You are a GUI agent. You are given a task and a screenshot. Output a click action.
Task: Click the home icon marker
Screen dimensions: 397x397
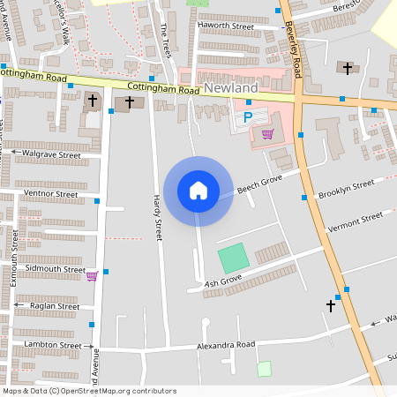click(198, 190)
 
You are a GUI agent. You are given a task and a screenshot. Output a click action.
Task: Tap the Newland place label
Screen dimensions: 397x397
click(230, 88)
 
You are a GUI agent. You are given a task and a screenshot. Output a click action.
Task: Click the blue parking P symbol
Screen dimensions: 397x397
click(248, 116)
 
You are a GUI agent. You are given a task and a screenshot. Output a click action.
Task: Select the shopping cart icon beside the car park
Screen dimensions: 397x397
click(267, 134)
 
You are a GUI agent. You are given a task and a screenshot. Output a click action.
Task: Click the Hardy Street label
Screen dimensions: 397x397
click(159, 218)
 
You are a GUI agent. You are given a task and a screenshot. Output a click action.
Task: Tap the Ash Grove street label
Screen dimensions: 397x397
click(223, 281)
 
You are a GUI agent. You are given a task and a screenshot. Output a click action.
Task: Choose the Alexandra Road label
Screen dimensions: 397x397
click(226, 344)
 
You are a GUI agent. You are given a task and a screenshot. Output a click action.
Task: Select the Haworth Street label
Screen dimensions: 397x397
click(225, 26)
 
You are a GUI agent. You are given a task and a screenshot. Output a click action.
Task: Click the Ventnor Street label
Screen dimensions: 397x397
click(51, 192)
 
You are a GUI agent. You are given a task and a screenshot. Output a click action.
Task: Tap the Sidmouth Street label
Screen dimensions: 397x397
click(55, 268)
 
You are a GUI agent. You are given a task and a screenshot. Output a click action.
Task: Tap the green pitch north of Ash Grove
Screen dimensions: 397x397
click(234, 258)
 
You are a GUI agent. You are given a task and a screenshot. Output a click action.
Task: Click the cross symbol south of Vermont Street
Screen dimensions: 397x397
click(331, 306)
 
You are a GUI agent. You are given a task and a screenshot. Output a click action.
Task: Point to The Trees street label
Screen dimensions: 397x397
click(166, 41)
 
